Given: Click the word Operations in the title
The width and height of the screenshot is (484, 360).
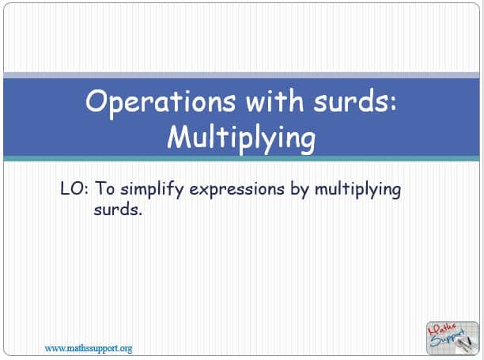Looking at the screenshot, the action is [161, 102].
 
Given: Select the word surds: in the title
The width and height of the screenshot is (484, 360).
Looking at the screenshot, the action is [354, 100].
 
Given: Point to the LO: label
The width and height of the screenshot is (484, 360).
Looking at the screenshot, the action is [74, 188].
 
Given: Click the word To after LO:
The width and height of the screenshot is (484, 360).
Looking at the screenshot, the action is [104, 188].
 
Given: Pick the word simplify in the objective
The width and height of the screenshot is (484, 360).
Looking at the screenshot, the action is [152, 190].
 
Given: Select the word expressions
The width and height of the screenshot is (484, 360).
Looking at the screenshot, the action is [236, 190].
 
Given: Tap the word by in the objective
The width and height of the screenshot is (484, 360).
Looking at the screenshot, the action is [300, 190].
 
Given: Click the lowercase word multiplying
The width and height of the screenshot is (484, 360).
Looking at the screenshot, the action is [357, 190].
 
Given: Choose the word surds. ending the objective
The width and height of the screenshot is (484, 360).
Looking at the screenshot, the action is [118, 210].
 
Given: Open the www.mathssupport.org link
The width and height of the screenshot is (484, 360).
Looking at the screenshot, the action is [89, 349].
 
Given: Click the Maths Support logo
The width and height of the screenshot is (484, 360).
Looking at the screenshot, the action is [452, 338].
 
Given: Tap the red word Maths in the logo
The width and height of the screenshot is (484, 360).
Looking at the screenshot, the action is [442, 330].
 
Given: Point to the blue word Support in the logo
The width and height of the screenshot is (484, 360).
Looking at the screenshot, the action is [447, 339].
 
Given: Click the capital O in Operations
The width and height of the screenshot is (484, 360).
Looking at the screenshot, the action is [97, 100].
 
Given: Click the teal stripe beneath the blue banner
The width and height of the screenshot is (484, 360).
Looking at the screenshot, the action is [241, 159].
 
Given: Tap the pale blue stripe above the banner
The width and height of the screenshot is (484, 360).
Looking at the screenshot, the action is [241, 75].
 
